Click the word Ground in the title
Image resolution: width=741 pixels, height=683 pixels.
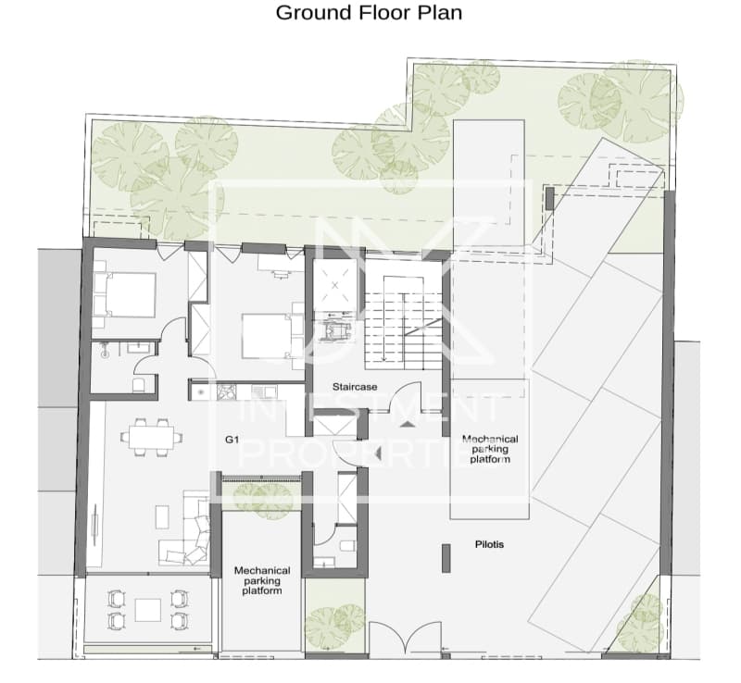point(314,13)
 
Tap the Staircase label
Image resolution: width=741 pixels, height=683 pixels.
point(355,387)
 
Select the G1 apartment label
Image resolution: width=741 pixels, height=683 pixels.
point(232,440)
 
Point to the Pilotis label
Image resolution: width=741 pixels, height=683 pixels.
point(489,544)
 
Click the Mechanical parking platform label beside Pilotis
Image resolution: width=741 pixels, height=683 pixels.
point(490,449)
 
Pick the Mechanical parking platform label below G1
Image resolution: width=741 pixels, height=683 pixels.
point(262,580)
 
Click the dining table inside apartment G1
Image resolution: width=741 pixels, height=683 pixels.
point(151,437)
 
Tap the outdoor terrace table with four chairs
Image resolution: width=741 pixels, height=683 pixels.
point(148,610)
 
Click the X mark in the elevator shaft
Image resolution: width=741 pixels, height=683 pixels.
point(335,285)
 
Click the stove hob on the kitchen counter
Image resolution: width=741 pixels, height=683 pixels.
point(226,392)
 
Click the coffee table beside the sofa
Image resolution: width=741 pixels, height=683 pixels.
point(162,517)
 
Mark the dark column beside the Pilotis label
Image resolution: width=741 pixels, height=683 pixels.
point(446,558)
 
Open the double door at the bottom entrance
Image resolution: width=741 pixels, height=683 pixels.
point(405,639)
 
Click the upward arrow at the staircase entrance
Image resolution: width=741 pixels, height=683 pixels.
point(408,424)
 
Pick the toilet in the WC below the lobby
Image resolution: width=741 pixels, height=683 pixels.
point(348,545)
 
